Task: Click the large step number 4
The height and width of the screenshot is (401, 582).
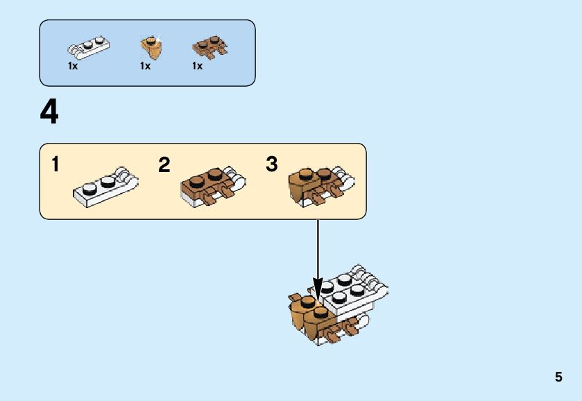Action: click(x=49, y=112)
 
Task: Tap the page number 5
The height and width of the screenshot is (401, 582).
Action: click(x=558, y=377)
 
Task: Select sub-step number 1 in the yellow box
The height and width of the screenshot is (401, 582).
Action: click(x=55, y=165)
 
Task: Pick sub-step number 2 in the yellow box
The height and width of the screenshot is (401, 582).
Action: click(x=164, y=165)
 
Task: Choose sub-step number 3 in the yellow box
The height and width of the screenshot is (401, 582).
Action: click(x=271, y=164)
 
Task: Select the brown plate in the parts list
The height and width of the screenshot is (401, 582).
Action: click(x=209, y=47)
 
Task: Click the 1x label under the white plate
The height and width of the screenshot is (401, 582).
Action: click(x=73, y=66)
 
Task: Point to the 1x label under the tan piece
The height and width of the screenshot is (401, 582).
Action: click(x=145, y=66)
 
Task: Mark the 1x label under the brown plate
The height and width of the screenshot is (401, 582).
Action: click(x=198, y=66)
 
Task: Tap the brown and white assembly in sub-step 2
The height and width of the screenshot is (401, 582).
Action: click(x=212, y=186)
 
